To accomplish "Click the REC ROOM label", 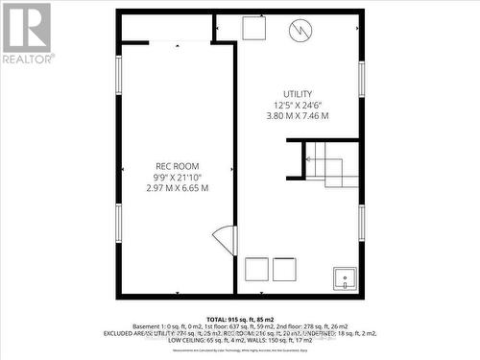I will [x=177, y=166].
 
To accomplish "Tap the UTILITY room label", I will [x=298, y=93].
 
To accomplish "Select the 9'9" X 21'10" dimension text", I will [x=177, y=177].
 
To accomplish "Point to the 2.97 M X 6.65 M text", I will [x=177, y=188].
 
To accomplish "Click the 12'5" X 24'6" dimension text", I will [x=298, y=105].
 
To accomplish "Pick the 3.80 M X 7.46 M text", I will [x=298, y=115].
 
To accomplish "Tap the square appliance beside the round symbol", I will [x=253, y=29].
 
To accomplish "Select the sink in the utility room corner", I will [x=345, y=278].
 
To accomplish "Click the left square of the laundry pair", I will [x=256, y=269].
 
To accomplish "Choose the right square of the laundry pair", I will [x=284, y=269].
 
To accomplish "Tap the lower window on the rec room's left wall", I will [x=119, y=222].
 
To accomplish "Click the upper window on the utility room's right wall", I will [x=361, y=79].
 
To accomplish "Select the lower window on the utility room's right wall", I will [x=361, y=222].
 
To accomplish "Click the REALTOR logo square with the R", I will [x=26, y=27].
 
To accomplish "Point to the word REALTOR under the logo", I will [x=26, y=59].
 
